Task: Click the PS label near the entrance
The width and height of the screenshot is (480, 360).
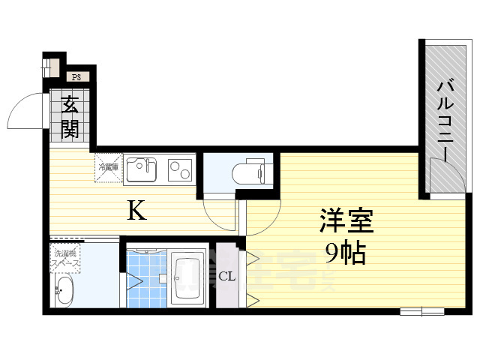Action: click(76, 76)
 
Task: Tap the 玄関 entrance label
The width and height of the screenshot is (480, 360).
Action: click(70, 117)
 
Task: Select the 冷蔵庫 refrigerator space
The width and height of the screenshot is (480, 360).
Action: click(107, 168)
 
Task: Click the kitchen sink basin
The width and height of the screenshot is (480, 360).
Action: click(141, 170)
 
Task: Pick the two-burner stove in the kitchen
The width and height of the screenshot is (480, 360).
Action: click(179, 170)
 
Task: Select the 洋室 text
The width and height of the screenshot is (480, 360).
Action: click(346, 222)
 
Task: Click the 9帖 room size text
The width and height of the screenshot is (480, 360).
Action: click(344, 253)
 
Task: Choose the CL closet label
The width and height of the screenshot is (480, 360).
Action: click(227, 276)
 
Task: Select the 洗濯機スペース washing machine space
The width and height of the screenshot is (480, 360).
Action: click(66, 259)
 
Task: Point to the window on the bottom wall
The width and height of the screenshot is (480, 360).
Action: click(421, 310)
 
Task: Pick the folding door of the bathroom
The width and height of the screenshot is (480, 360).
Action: click(133, 280)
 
